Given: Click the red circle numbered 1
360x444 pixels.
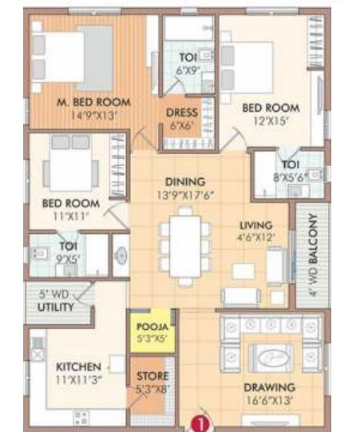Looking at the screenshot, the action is click(x=200, y=424).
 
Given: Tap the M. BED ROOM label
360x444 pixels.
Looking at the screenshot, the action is click(x=94, y=102).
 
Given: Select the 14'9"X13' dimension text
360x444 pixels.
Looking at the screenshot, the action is click(x=94, y=116).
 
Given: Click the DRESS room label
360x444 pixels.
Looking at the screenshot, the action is click(x=182, y=113).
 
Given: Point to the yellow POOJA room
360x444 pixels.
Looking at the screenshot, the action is click(x=152, y=331).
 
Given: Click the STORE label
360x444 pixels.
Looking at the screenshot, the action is click(x=152, y=376).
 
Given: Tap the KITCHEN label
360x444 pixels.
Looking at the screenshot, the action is click(x=78, y=367).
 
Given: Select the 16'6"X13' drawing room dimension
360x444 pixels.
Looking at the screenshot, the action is click(x=269, y=400).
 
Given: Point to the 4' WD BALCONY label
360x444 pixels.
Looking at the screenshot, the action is click(x=313, y=255).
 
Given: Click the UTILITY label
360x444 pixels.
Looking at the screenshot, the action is click(x=56, y=307).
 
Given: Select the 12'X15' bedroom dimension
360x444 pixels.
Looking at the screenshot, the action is click(x=271, y=121).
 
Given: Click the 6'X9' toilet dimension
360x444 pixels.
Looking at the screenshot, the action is click(x=187, y=70).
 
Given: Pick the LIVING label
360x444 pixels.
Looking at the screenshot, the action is click(x=256, y=225).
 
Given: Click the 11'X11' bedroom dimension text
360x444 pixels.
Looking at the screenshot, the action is click(x=71, y=216).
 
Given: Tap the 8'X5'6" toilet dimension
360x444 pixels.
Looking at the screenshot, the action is click(x=291, y=178).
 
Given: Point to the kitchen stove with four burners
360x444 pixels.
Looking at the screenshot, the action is click(x=81, y=418).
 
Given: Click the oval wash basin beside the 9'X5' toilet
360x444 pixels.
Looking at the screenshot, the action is click(x=121, y=256).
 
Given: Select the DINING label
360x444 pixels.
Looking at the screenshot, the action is click(x=185, y=182).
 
